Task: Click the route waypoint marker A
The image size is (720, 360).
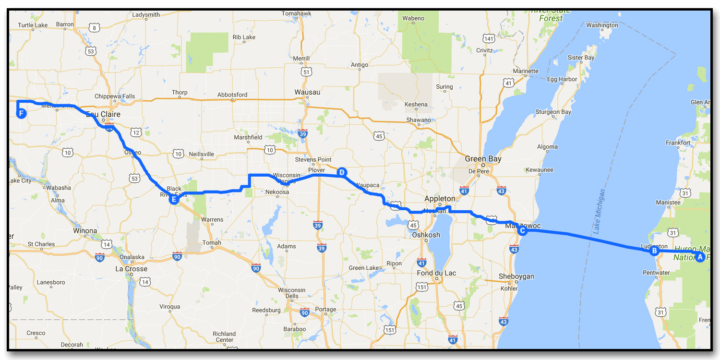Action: click(700, 257)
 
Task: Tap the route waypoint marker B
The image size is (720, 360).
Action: click(653, 251)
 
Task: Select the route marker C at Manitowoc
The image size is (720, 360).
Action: click(522, 230)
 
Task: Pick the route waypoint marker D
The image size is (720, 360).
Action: click(341, 172)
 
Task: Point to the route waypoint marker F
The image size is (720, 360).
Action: click(21, 113)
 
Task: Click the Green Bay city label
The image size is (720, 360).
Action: click(483, 159)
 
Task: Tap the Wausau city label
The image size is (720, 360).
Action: click(308, 92)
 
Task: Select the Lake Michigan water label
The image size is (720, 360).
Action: click(599, 211)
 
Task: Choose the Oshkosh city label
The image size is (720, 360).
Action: click(426, 235)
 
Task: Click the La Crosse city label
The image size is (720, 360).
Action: click(131, 269)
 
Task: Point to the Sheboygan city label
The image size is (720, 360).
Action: click(516, 276)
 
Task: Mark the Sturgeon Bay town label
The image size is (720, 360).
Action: click(553, 112)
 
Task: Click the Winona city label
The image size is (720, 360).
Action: click(85, 231)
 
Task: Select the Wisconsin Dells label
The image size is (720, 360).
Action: click(291, 293)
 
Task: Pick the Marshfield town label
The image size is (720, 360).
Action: click(248, 137)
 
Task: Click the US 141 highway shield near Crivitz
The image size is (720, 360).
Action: click(490, 39)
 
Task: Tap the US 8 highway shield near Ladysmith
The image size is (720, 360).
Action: click(95, 28)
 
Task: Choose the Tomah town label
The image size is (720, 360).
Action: click(212, 243)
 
